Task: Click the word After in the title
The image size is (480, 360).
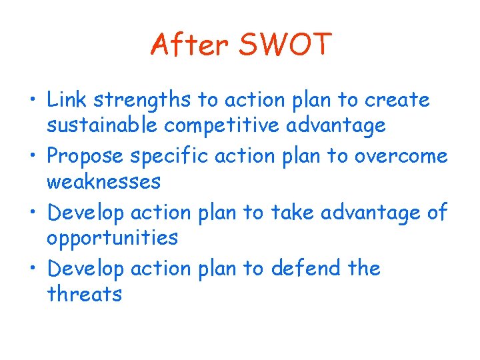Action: [190, 45]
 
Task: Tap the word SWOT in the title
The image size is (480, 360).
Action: [284, 45]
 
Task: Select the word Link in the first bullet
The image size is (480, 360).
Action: [67, 100]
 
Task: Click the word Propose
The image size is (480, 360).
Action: [87, 157]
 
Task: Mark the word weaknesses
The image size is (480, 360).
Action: [104, 181]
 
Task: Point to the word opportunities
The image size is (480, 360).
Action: [112, 238]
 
